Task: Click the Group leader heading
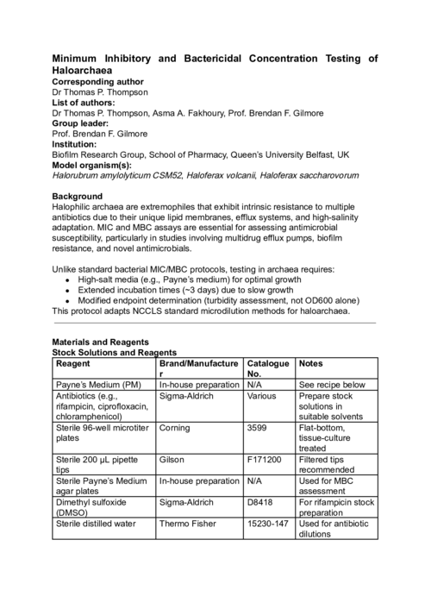point(83,123)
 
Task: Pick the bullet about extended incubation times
point(191,291)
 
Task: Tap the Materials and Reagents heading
point(101,342)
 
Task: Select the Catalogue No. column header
point(267,369)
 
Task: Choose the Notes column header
point(311,364)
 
